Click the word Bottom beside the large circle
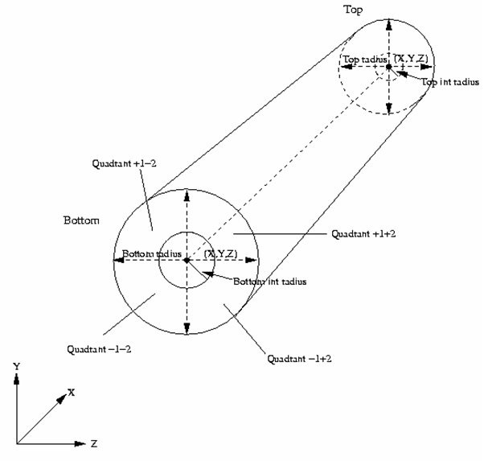click(81, 219)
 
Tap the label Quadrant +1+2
click(362, 234)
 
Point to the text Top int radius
click(450, 81)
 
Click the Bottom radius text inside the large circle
click(147, 254)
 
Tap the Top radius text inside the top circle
click(362, 60)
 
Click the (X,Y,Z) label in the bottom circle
click(220, 254)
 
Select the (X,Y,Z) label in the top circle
click(409, 58)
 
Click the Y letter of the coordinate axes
click(16, 365)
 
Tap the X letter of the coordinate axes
click(72, 392)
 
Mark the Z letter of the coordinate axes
click(94, 442)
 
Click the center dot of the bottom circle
click(187, 260)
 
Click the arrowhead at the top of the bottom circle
click(187, 193)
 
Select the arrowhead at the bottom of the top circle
click(389, 110)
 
